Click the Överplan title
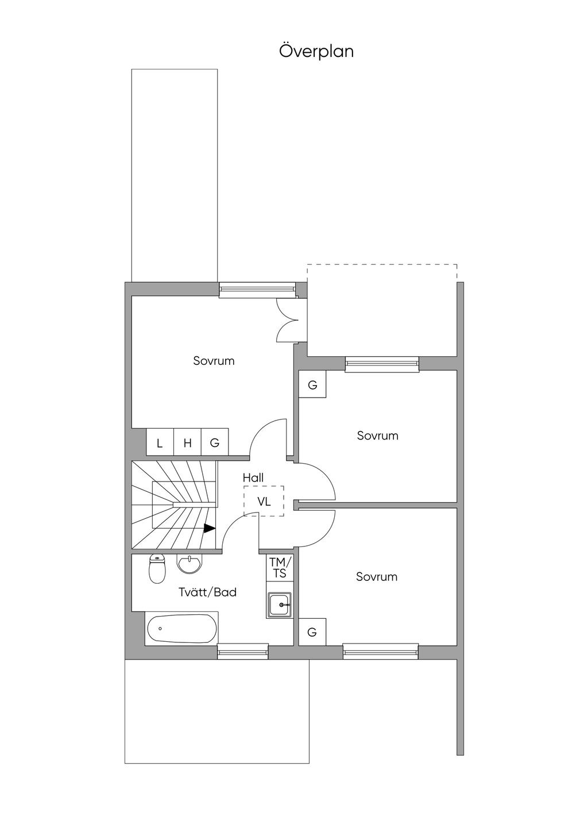[316, 51]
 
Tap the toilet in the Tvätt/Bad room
[157, 569]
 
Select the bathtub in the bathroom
[181, 629]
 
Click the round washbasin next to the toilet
[189, 563]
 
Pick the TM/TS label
[280, 568]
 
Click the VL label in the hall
[264, 502]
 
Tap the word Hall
[253, 477]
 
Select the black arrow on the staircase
[210, 528]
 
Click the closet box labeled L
[160, 443]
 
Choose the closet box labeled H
[187, 443]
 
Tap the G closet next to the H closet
[215, 443]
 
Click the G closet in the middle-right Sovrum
[312, 385]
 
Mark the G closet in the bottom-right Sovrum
[312, 632]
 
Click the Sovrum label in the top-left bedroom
[214, 361]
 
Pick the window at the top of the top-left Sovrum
[257, 288]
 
